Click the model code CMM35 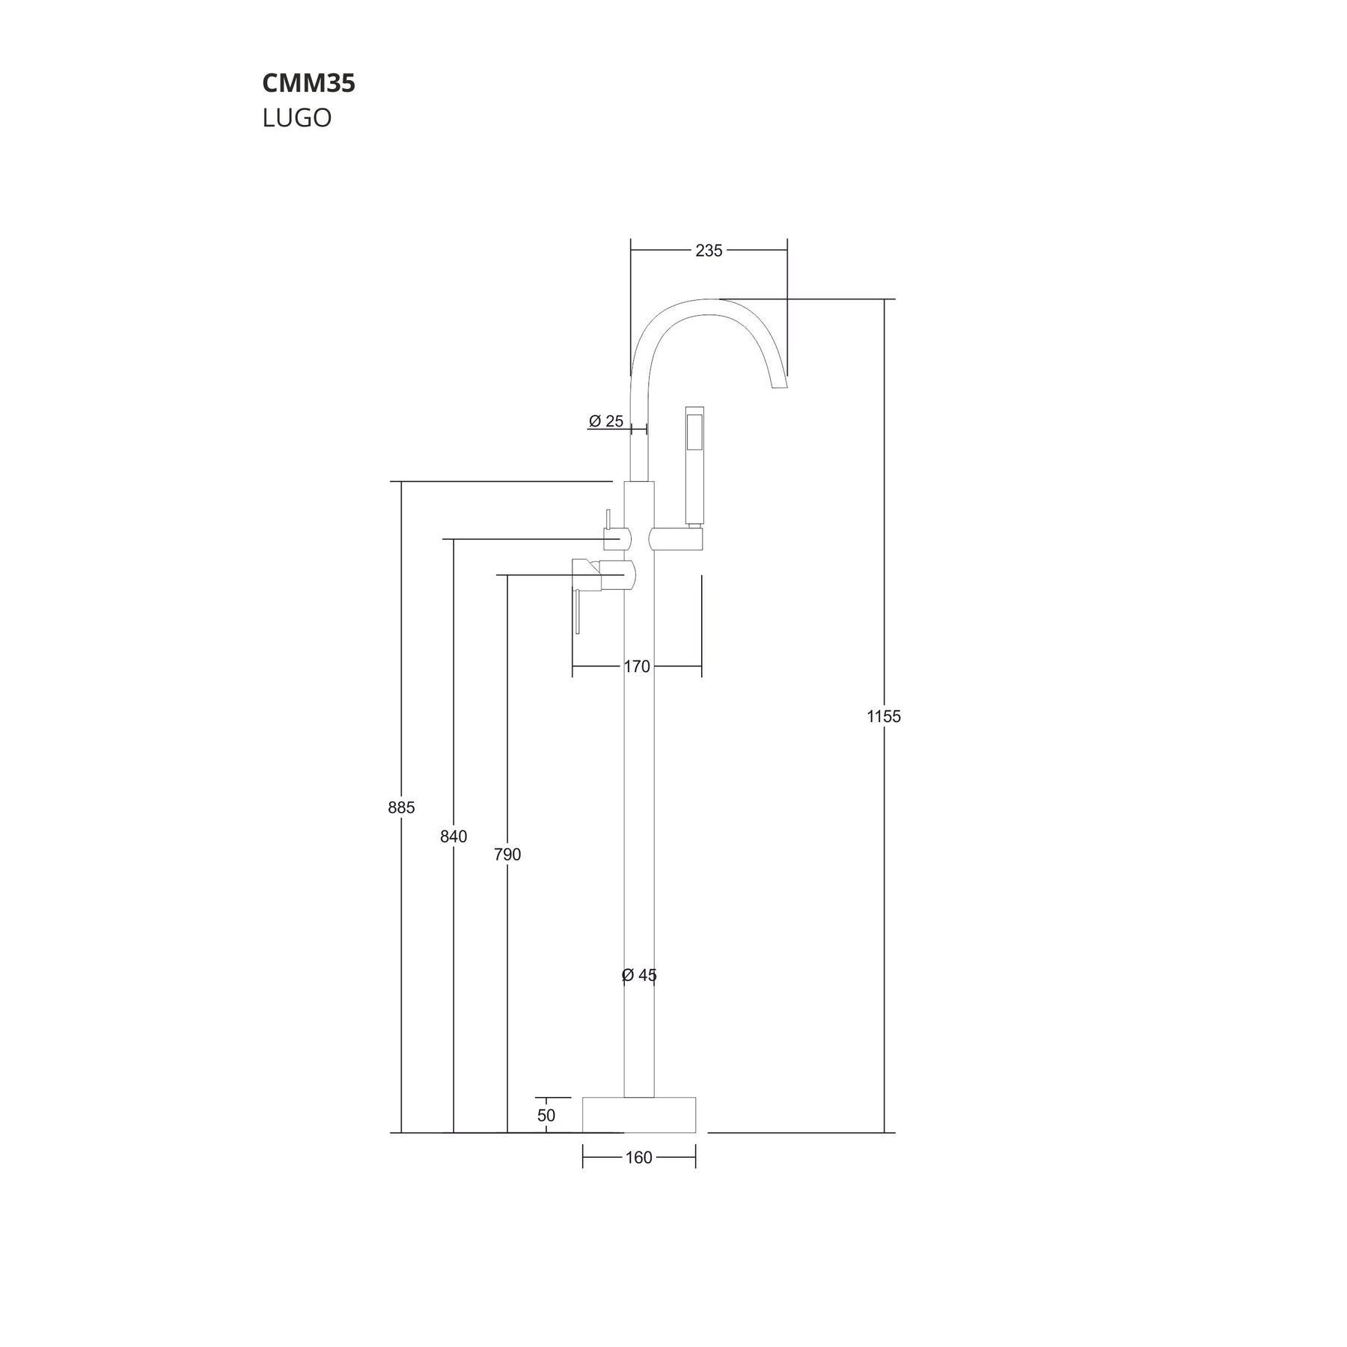click(x=308, y=84)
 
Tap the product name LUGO click(x=296, y=118)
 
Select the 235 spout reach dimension click(x=709, y=251)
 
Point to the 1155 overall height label click(x=884, y=716)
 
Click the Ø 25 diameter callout click(x=606, y=421)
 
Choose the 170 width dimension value click(x=637, y=666)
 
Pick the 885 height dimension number click(x=401, y=807)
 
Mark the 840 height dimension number click(x=453, y=837)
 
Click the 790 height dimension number click(x=507, y=854)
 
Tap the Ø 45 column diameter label click(x=639, y=975)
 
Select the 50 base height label click(x=546, y=1115)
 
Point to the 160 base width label click(x=638, y=1158)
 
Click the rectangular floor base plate click(x=639, y=1114)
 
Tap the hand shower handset click(x=694, y=464)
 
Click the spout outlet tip click(x=779, y=383)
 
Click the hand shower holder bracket click(x=678, y=539)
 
